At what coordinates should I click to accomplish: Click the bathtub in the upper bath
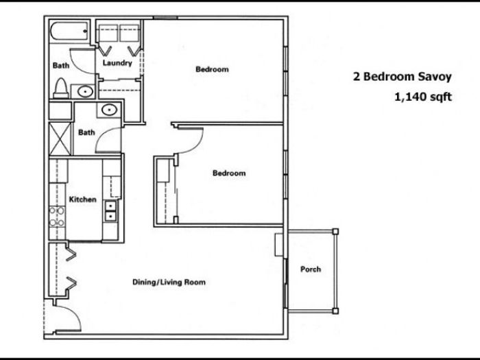click(69, 31)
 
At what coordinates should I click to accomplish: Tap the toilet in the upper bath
click(60, 88)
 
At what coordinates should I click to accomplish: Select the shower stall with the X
click(60, 139)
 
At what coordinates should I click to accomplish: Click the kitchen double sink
click(110, 211)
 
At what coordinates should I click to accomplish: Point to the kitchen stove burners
click(57, 217)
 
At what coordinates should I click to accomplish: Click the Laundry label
click(117, 63)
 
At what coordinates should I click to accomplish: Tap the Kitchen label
click(83, 200)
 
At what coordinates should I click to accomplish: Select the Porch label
click(311, 269)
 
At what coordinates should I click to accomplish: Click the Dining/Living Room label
click(169, 282)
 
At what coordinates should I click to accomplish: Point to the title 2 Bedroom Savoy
click(403, 77)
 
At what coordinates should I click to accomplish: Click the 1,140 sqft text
click(423, 97)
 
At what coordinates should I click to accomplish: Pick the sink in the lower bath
click(109, 110)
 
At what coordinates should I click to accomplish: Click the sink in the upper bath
click(85, 91)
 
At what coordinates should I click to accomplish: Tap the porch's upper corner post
click(335, 232)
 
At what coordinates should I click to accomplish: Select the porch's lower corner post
click(335, 311)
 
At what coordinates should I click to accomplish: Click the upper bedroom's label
click(212, 69)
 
